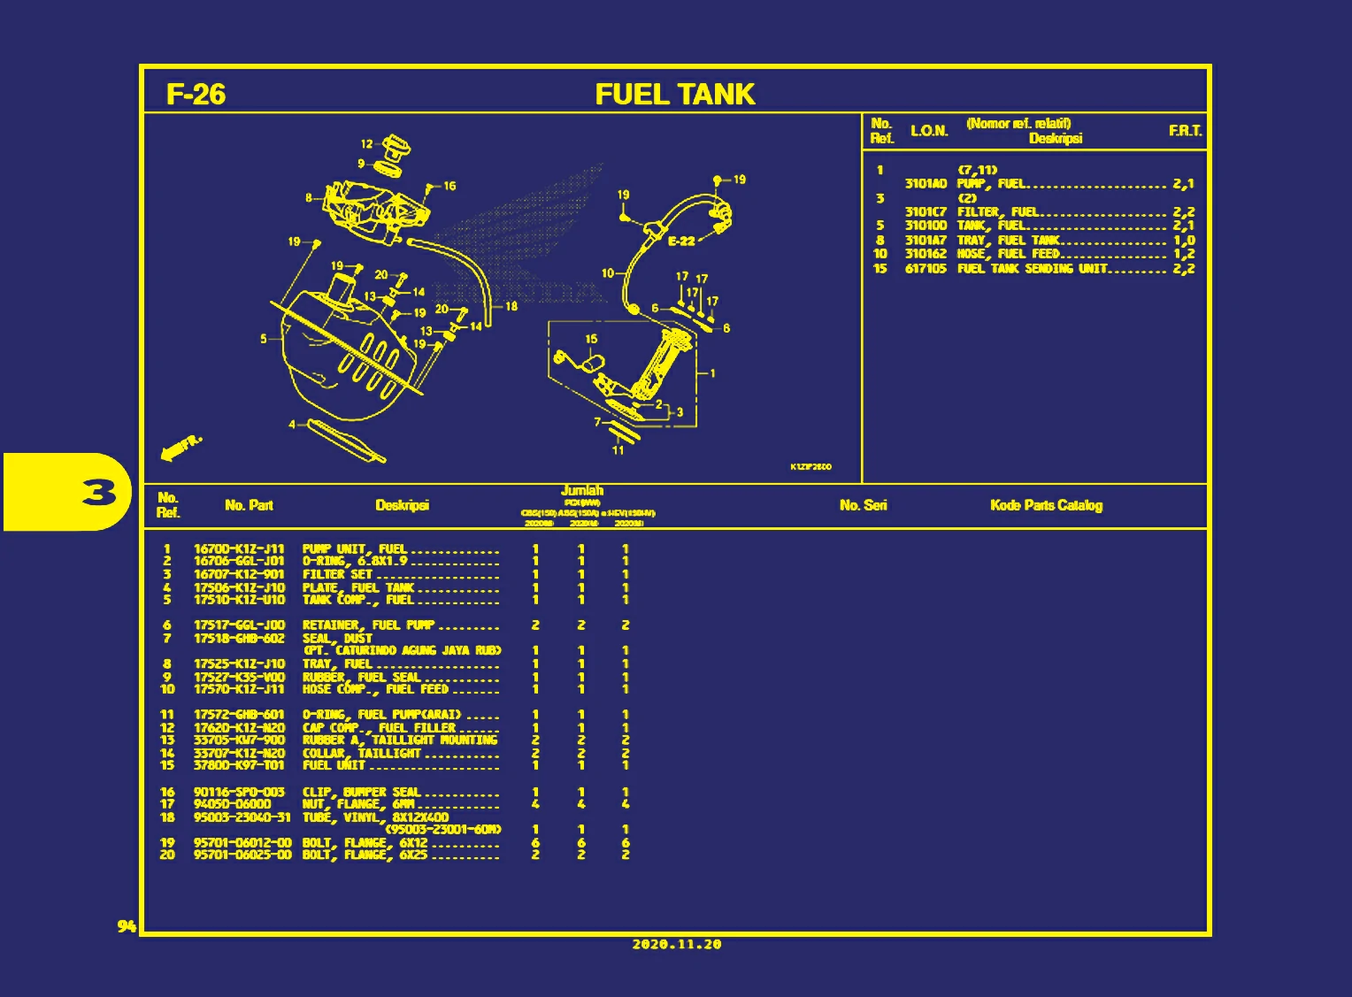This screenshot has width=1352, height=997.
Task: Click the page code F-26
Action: click(196, 94)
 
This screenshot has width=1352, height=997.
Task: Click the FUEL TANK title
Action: click(674, 94)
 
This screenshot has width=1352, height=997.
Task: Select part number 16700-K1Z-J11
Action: click(239, 548)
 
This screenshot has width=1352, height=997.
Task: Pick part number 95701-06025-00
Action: click(242, 855)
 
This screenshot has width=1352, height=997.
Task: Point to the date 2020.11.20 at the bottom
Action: click(676, 944)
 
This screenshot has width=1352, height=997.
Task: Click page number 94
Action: click(127, 925)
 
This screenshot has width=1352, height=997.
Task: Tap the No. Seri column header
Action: click(863, 505)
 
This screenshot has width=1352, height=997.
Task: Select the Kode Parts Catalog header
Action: click(1046, 505)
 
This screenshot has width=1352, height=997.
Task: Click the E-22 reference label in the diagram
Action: click(681, 241)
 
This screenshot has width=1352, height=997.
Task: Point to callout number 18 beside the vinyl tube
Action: click(511, 306)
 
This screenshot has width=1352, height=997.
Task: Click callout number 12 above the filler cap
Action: click(366, 143)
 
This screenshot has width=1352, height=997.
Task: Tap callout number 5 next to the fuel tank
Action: click(264, 338)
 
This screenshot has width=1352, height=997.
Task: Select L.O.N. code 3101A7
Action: click(925, 240)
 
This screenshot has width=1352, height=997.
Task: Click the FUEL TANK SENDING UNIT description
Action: click(1032, 268)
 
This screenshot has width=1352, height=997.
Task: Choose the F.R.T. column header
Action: click(1185, 131)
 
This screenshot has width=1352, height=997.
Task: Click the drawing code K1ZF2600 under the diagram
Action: click(810, 466)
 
